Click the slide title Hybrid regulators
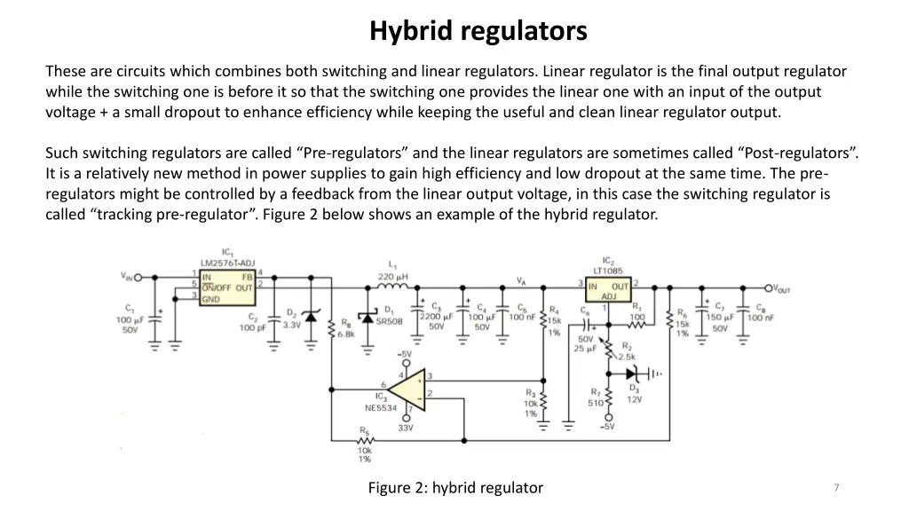478,31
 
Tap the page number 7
836,487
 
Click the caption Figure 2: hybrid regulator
454,487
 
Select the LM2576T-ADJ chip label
227,263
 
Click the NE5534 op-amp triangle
409,391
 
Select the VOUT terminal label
781,289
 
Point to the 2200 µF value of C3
435,317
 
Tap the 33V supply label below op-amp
406,428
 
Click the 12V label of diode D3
635,399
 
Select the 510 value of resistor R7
595,403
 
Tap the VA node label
521,280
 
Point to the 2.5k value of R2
627,357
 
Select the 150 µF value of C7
720,317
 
